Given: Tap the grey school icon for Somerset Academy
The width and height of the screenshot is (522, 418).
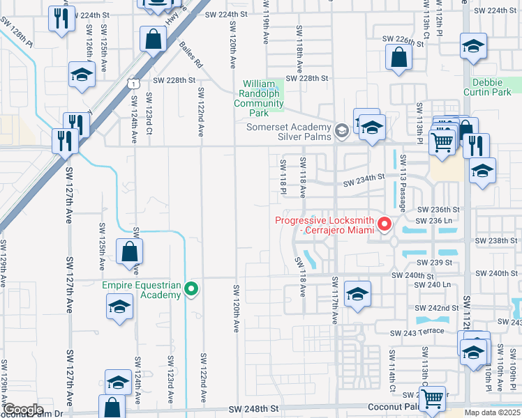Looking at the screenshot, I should point(341,131).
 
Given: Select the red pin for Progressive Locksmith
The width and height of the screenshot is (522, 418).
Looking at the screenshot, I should point(384,224).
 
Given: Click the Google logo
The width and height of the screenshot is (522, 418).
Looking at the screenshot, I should point(23,410).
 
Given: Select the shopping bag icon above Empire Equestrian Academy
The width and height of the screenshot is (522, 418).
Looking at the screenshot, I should point(129,251).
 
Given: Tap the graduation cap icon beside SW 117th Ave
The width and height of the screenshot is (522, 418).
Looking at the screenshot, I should point(357,294).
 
